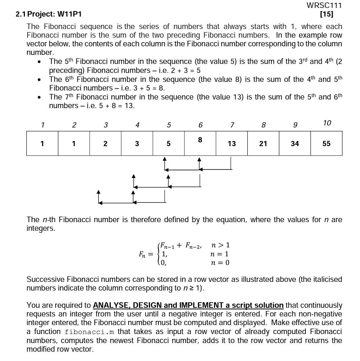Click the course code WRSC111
324,6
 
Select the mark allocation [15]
326,14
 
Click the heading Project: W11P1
54,14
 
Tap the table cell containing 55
326,143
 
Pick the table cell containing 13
231,143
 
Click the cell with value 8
200,140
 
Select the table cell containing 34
295,143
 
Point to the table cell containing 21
263,143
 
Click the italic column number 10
327,123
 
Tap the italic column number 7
232,125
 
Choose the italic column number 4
137,125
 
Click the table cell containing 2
105,143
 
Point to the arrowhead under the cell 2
99,192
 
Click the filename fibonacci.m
89,332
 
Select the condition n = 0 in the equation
220,263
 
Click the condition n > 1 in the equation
220,245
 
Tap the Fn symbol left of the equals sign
142,254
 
